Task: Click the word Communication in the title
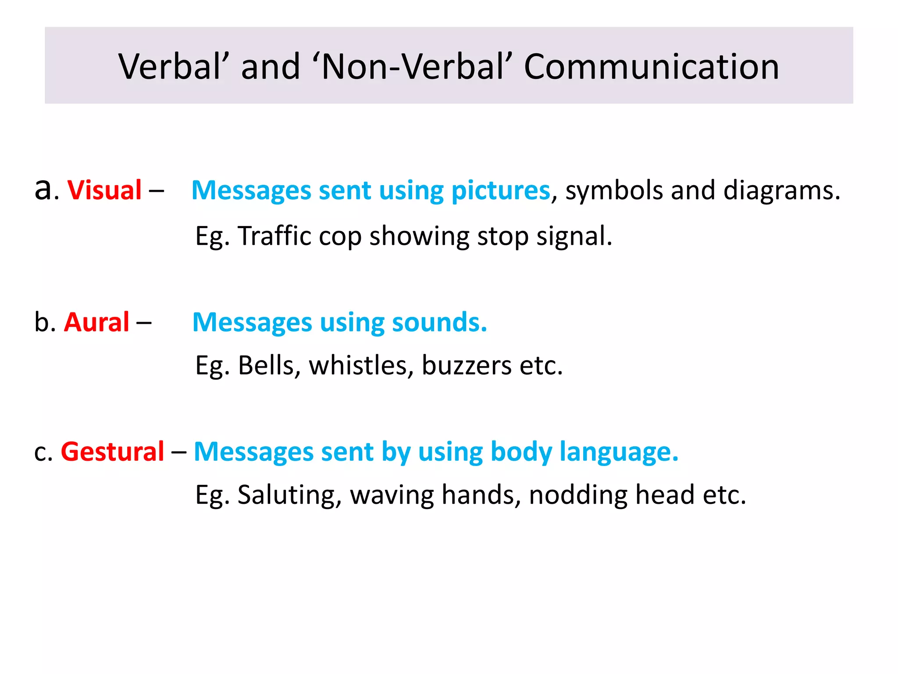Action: point(652,67)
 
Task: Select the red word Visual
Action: point(104,190)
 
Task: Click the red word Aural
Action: point(96,323)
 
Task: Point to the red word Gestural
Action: point(112,452)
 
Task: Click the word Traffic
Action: point(274,236)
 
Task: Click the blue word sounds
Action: point(439,323)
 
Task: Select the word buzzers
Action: point(467,366)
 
